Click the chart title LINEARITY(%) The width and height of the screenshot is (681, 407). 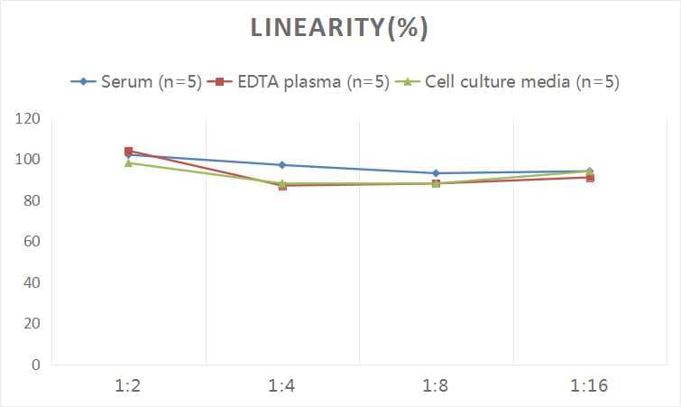(339, 29)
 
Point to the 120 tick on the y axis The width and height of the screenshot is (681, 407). (28, 119)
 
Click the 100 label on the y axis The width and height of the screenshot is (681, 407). (28, 160)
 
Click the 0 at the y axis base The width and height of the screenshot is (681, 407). (35, 365)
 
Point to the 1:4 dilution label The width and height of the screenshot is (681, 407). (282, 386)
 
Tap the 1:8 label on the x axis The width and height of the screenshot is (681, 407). (436, 386)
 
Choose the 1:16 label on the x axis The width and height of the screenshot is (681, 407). (590, 386)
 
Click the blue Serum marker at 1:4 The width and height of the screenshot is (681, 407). (282, 165)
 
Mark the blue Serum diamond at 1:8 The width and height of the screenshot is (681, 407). (436, 173)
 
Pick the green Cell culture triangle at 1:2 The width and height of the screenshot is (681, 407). (129, 163)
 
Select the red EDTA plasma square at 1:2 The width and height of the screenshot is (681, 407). (129, 151)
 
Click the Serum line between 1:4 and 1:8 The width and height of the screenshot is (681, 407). (359, 169)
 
